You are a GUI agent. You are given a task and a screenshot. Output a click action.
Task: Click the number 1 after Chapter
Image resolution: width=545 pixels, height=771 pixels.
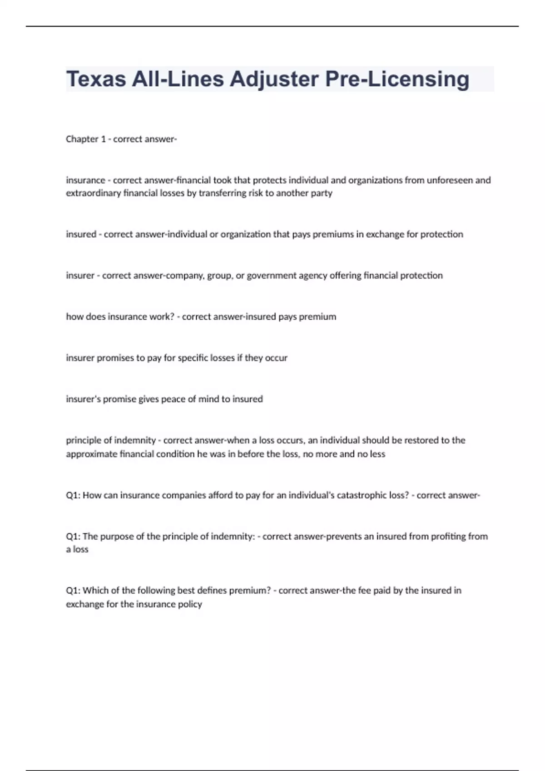(x=103, y=139)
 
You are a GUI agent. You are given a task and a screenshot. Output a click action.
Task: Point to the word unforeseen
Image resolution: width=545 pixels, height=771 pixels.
(x=450, y=180)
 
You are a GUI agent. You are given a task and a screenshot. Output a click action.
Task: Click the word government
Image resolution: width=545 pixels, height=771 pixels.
(x=272, y=276)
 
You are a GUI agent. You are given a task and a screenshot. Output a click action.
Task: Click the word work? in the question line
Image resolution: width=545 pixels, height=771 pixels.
(x=162, y=317)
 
